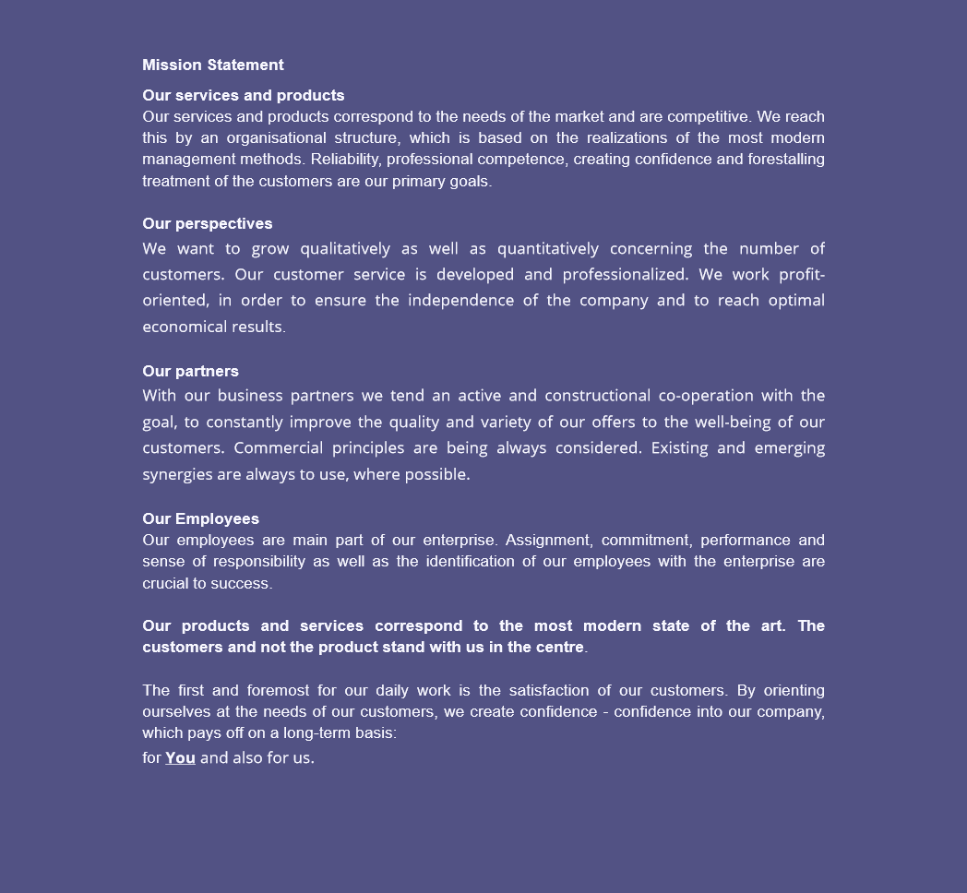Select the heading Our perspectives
click(x=207, y=223)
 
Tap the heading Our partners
click(x=190, y=371)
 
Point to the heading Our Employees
click(x=200, y=518)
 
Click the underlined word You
click(x=180, y=757)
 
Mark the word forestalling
click(x=786, y=159)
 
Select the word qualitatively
click(x=345, y=249)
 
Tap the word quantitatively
click(x=547, y=249)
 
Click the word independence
click(x=461, y=301)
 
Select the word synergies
click(x=177, y=474)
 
